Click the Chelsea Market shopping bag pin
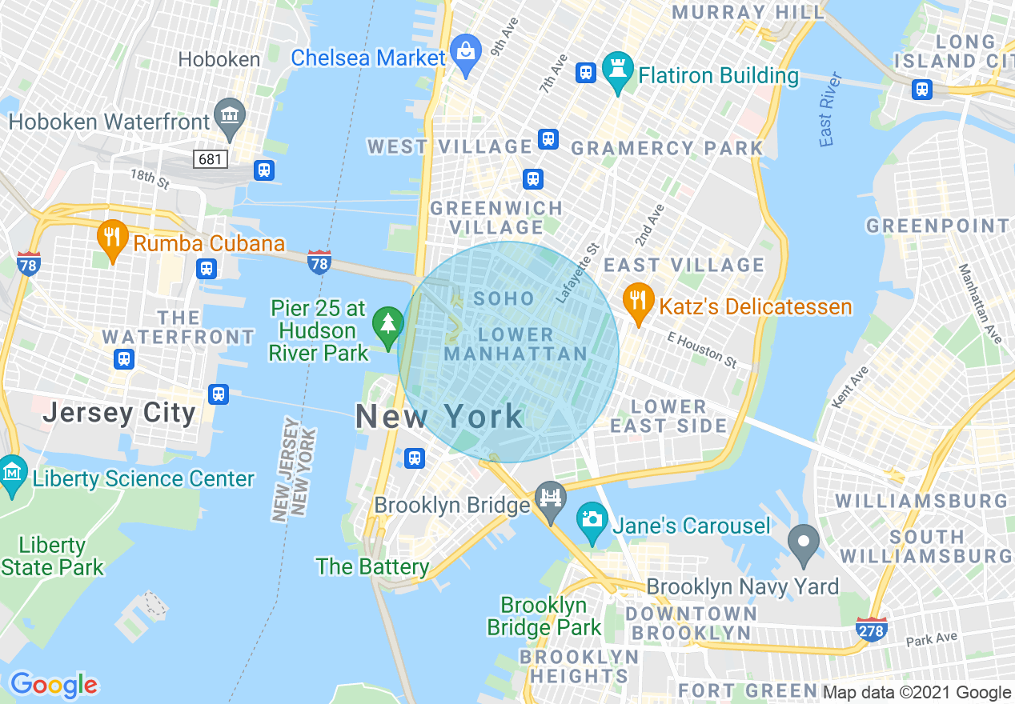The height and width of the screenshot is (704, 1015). point(465,52)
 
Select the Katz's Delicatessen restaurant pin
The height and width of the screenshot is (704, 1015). point(637,303)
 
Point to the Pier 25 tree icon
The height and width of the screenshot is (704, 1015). point(388,324)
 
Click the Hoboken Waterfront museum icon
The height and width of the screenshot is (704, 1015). point(230,115)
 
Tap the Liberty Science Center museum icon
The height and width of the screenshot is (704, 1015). point(12,473)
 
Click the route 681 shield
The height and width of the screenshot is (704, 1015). point(210,159)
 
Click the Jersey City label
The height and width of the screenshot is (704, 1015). point(119,413)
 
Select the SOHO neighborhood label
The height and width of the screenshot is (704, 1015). point(504,299)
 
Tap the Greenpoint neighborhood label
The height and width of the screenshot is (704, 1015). point(937,226)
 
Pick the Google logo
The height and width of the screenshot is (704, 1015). point(53,685)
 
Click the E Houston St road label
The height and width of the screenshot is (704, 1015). point(702,350)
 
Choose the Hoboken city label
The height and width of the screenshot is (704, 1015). point(219,59)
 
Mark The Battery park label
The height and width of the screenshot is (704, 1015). point(373,566)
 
